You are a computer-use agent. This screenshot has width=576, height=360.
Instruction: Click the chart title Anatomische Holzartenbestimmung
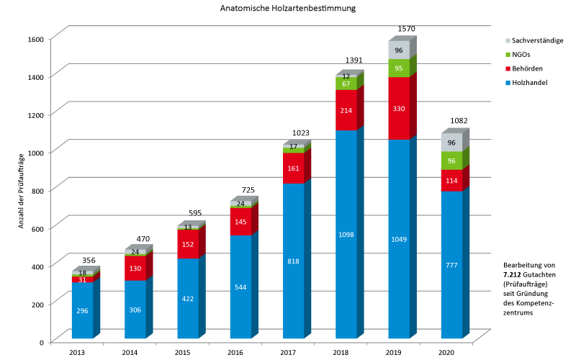click(x=288, y=9)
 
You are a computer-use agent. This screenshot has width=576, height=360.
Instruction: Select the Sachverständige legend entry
click(x=538, y=41)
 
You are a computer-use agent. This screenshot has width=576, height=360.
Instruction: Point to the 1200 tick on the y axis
click(x=36, y=114)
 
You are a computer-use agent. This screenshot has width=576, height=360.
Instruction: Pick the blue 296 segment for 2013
click(x=83, y=310)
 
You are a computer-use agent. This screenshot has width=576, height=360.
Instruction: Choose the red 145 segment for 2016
click(x=241, y=222)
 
